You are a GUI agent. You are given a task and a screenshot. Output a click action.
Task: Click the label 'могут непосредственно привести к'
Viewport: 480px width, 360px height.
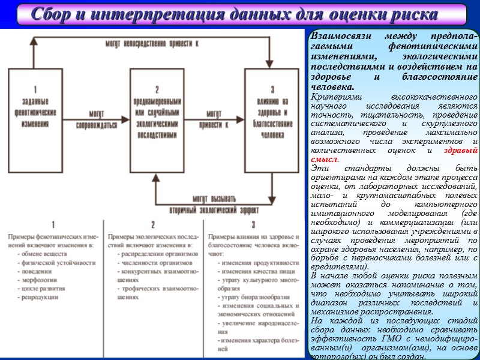tap(152, 44)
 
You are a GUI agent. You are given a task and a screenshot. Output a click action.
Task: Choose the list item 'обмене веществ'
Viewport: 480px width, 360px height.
tap(42, 253)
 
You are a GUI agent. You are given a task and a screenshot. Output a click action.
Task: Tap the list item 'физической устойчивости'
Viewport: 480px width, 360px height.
tap(51, 262)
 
